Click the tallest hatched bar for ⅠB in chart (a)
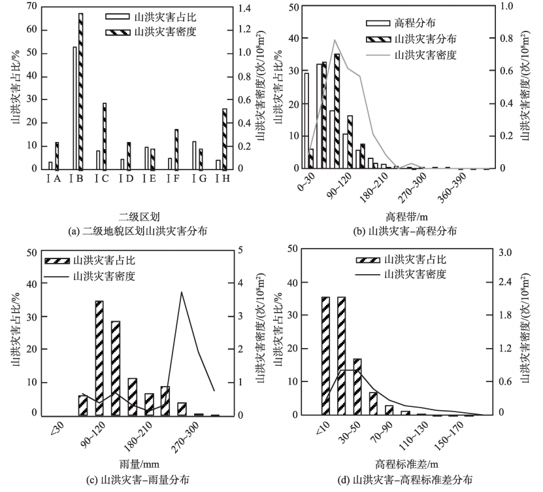coord(80,92)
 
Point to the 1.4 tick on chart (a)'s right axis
coord(240,7)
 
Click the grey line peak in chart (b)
coord(335,41)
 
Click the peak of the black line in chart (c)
coord(181,292)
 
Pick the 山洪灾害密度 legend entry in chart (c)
coord(105,276)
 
